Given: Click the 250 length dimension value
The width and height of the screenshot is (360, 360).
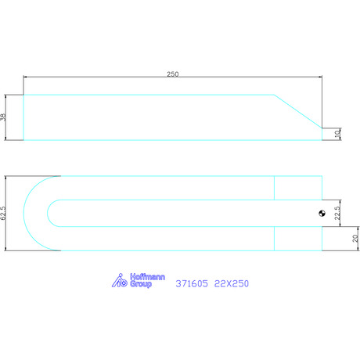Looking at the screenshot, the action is coord(173,74).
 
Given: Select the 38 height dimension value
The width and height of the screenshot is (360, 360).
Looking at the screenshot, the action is coord(3,117).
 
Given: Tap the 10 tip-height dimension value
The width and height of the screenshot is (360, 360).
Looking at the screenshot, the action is coord(337,134).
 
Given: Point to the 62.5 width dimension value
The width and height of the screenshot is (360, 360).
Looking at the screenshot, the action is coord(3,213).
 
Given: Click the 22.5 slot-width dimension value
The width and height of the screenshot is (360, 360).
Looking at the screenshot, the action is coord(337,213).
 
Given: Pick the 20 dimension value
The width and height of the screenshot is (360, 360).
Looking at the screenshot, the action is coord(355,239).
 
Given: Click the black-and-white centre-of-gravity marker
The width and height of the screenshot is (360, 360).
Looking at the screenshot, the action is coord(322,214).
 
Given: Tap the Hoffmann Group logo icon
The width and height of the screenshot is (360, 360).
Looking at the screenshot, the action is coord(120,280).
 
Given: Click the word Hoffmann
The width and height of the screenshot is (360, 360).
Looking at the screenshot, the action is coord(147,277).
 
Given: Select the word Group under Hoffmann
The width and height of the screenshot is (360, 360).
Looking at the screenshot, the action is coord(141,284).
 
